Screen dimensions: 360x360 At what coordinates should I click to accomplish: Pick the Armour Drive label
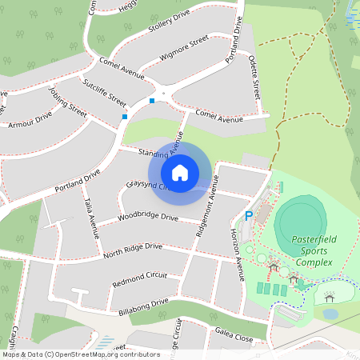click(29, 120)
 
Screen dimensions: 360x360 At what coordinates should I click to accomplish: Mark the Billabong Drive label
click(143, 306)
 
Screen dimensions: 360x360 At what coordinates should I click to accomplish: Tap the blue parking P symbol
click(248, 215)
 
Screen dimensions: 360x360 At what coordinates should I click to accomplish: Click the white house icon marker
click(180, 173)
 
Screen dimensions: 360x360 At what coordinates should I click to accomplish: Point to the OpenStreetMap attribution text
click(81, 354)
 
